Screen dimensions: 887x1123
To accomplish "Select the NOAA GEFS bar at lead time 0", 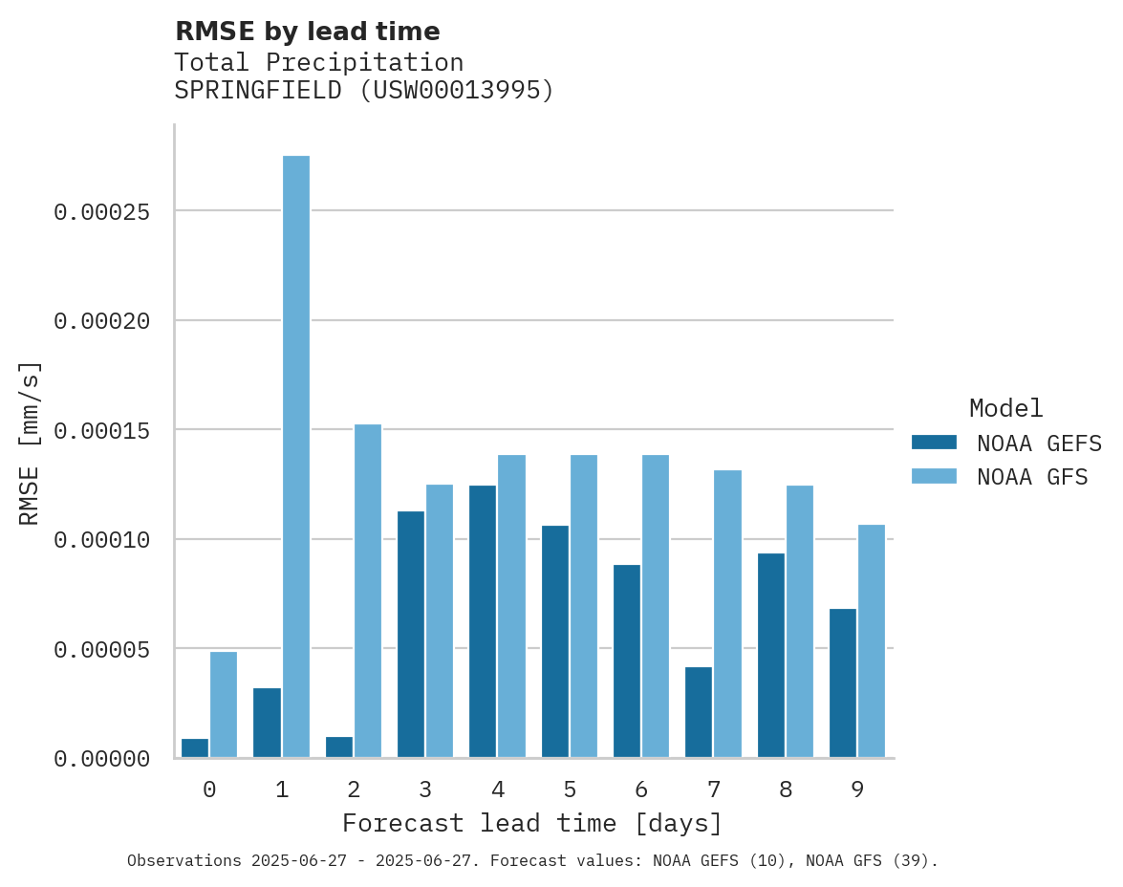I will click(195, 748).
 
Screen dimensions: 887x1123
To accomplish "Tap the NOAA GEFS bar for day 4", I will click(483, 621).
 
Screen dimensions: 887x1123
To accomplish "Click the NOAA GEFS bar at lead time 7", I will click(699, 712).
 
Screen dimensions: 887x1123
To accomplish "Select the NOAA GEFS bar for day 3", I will click(411, 635).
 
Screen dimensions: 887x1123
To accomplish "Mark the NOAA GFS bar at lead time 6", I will click(656, 606).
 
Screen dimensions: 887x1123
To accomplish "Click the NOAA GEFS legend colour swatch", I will click(934, 443).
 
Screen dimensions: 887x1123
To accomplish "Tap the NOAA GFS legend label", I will click(1032, 477).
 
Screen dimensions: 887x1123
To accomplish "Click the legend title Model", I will click(1005, 408).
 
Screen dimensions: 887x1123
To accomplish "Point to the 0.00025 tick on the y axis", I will click(102, 211).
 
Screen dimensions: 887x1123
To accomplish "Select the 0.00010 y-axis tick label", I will click(102, 540).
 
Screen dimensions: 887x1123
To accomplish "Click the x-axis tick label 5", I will click(570, 790).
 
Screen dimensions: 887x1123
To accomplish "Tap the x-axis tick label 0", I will click(209, 790).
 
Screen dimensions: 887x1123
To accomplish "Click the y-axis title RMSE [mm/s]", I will click(30, 443).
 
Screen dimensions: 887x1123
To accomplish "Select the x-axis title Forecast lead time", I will click(532, 823).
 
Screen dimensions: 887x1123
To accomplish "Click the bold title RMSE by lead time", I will click(307, 32).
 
